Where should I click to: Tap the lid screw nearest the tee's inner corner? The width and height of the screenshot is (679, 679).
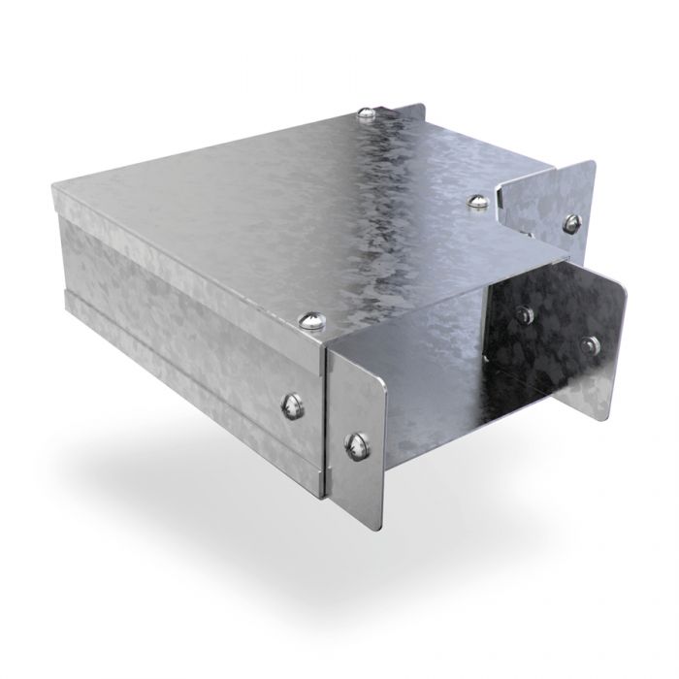pos(476,202)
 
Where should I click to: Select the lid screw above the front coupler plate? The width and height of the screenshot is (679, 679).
pos(310,321)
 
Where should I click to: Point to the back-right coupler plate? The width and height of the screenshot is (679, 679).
pos(548,204)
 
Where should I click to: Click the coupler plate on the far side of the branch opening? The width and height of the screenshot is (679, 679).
pos(563,330)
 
